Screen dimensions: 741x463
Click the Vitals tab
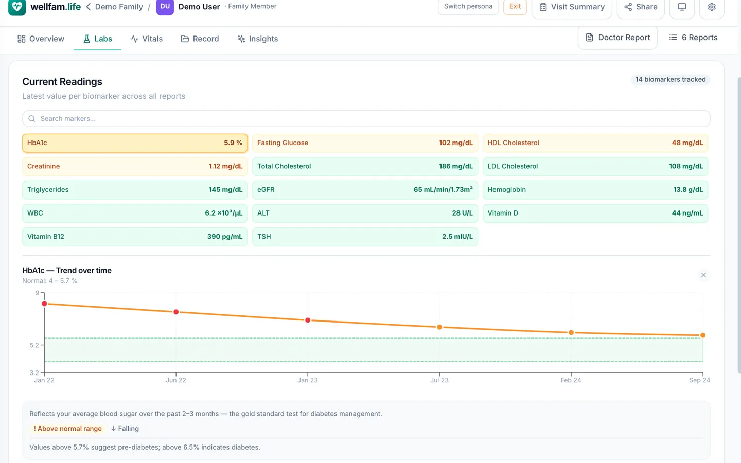click(x=146, y=39)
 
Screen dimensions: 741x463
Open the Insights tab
click(x=257, y=39)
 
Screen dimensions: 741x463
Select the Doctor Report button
click(x=617, y=38)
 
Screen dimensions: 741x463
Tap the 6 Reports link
click(x=693, y=38)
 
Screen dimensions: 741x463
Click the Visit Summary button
click(x=572, y=7)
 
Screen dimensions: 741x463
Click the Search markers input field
click(x=366, y=118)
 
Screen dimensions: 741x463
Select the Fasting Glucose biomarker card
click(x=365, y=143)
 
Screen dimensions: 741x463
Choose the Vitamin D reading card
click(x=595, y=213)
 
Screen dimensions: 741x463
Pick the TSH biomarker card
click(x=365, y=237)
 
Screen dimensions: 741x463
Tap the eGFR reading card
click(x=365, y=189)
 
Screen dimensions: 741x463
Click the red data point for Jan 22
click(x=44, y=304)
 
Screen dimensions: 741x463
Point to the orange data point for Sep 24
click(x=703, y=335)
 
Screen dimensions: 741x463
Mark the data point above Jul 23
click(x=439, y=327)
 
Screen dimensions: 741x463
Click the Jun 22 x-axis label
click(x=176, y=380)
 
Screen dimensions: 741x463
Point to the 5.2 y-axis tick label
click(x=34, y=345)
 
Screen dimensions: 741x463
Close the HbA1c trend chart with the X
click(x=703, y=275)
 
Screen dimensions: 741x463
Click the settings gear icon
click(x=712, y=7)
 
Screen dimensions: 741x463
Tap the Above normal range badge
click(x=67, y=429)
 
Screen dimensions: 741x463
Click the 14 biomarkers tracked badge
click(x=671, y=79)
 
